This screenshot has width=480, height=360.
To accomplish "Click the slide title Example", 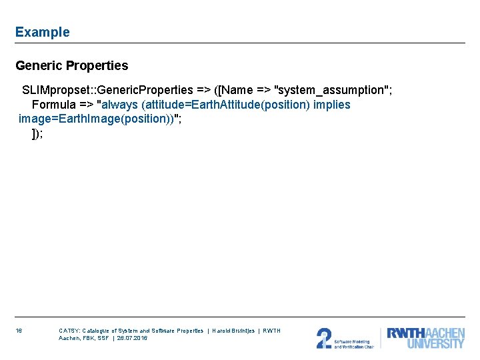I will (42, 32).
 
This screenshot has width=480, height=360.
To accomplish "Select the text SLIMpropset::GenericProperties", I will (107, 90).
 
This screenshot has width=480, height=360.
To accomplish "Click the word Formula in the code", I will (55, 105).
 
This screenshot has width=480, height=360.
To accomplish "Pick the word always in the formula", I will (120, 105).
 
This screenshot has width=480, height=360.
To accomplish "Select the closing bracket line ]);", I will (37, 133).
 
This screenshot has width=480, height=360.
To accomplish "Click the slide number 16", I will (19, 331).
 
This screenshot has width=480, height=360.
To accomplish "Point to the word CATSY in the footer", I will (69, 331).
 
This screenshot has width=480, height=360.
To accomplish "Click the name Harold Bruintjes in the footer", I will (233, 331).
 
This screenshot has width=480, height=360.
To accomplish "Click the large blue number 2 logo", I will (324, 339).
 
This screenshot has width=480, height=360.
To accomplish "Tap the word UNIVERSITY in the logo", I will (435, 344).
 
